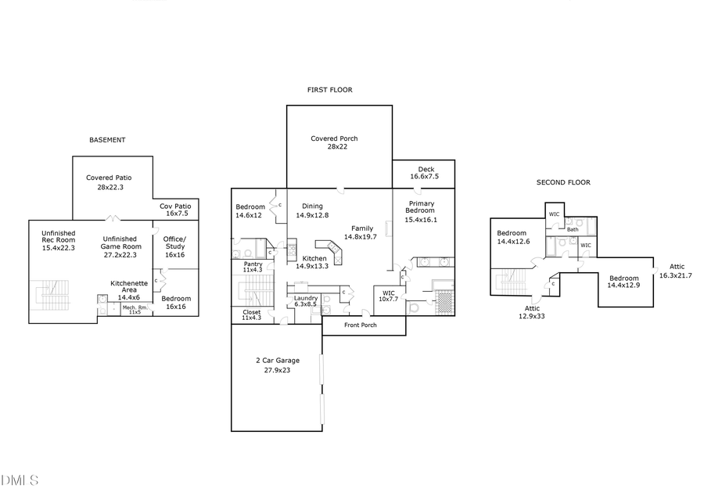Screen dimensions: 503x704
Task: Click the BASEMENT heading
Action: (107, 140)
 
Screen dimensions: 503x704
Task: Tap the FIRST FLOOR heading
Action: (329, 90)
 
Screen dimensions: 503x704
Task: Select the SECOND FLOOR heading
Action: (563, 182)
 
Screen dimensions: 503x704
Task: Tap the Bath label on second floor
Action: (573, 229)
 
